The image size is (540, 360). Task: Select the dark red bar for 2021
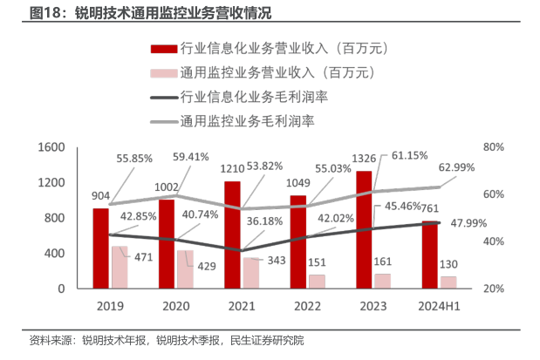point(232,234)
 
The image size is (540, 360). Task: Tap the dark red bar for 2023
point(364,229)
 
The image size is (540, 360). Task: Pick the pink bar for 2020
point(185,268)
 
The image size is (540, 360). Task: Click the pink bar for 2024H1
point(448,282)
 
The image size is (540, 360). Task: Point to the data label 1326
point(364,158)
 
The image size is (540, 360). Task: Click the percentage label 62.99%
point(456,166)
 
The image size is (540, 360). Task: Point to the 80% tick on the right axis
point(494,147)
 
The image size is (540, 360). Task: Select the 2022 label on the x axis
point(306,307)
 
